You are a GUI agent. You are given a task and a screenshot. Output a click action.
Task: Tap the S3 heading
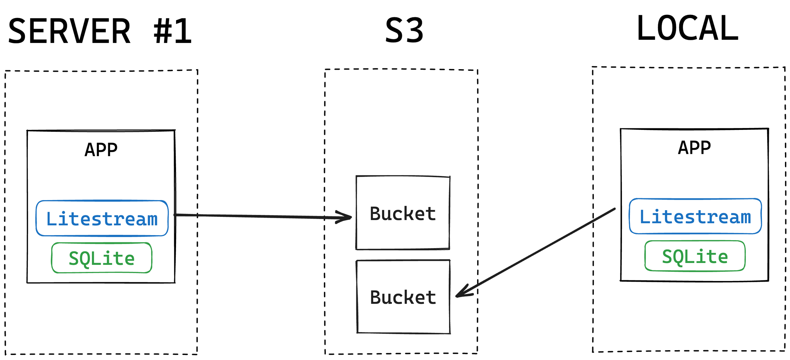(x=404, y=30)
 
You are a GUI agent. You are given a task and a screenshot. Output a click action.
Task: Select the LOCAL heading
(x=688, y=28)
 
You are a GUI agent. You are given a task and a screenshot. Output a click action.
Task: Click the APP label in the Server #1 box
(x=101, y=150)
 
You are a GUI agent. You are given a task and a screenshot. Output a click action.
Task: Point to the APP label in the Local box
(x=694, y=148)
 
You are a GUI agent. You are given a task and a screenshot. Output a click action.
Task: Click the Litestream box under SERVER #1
(x=102, y=218)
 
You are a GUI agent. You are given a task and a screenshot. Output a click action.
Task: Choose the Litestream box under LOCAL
(x=695, y=217)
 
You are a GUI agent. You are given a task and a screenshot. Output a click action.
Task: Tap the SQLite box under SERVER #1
(x=102, y=258)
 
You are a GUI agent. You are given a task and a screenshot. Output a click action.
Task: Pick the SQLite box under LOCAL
(x=695, y=256)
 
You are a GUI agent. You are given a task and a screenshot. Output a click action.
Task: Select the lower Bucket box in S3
(x=403, y=297)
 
